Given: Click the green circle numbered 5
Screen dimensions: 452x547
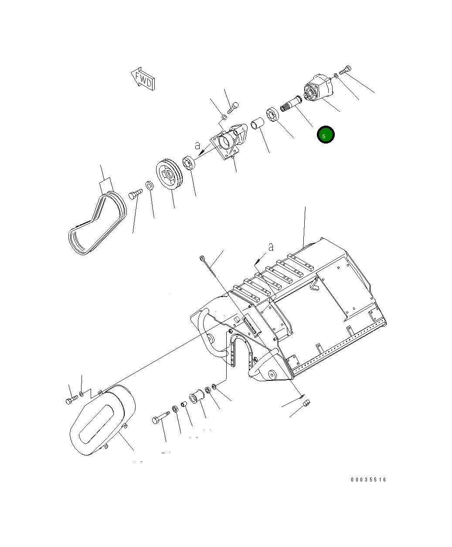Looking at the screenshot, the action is (326, 135).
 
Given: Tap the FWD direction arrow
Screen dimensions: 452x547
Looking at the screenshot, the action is (143, 79).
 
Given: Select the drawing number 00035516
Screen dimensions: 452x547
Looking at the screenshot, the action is (368, 480).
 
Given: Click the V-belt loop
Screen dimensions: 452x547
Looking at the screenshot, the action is (97, 223).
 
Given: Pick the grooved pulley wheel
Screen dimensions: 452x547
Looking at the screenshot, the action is (169, 174).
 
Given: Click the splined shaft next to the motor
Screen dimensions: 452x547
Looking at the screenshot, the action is (291, 104).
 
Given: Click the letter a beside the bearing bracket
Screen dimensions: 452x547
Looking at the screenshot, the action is (197, 145).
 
